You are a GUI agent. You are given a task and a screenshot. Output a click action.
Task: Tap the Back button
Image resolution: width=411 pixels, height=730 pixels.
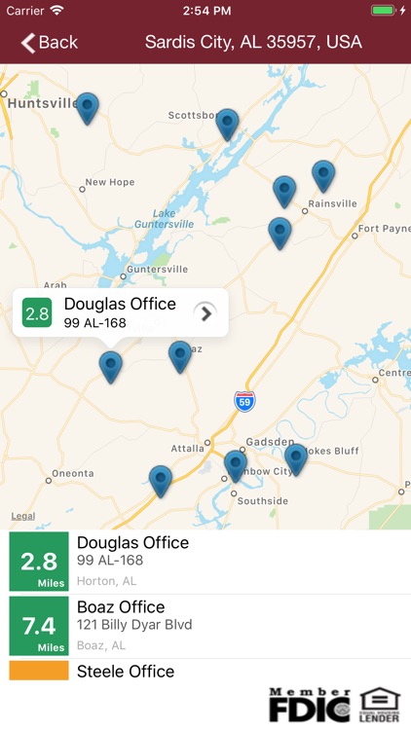(x=50, y=42)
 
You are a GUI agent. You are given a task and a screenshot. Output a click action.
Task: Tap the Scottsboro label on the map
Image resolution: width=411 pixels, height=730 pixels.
(x=193, y=115)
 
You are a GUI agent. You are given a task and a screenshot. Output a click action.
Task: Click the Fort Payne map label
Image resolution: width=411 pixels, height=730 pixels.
(x=384, y=229)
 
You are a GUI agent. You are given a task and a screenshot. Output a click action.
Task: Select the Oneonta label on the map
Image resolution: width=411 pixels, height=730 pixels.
(x=72, y=473)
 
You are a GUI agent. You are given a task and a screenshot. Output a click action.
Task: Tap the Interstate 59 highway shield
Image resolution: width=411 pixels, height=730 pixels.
(x=244, y=399)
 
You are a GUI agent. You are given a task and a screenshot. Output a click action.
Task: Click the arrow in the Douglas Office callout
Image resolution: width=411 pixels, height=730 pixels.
(x=205, y=312)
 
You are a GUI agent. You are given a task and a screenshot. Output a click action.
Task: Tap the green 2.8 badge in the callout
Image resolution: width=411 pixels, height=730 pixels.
(x=37, y=313)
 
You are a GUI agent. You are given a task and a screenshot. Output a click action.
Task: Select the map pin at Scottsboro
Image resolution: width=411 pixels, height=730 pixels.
(x=227, y=123)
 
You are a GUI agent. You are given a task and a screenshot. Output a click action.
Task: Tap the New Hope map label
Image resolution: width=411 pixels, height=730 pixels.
(x=109, y=182)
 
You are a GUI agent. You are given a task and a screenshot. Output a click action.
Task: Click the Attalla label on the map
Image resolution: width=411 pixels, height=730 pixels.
(x=187, y=448)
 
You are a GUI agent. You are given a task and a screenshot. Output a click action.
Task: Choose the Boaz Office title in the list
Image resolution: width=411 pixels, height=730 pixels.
(x=121, y=607)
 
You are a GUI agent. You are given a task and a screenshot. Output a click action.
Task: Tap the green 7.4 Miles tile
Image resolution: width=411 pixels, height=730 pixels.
(x=39, y=625)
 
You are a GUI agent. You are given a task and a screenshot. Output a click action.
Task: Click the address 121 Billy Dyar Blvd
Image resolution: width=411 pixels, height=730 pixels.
(x=134, y=625)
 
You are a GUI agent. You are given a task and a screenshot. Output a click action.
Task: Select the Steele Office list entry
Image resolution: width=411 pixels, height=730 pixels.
(x=126, y=672)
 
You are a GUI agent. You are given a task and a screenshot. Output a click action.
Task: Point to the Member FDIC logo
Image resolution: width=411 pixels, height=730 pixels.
(x=309, y=705)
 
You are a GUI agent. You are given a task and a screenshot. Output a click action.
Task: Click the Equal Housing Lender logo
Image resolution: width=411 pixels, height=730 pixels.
(x=379, y=705)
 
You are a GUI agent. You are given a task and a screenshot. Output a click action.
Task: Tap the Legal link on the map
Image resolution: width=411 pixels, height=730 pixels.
(x=23, y=517)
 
